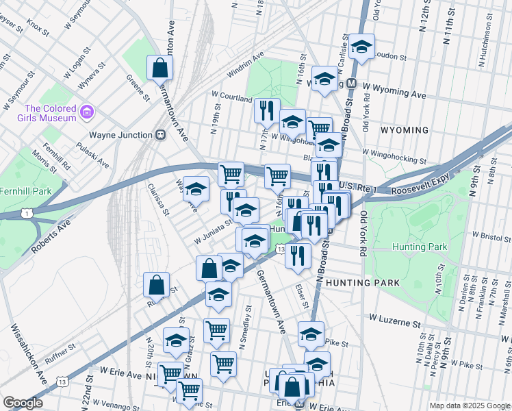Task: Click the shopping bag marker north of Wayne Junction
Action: (x=159, y=68)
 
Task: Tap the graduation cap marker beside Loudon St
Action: (x=361, y=47)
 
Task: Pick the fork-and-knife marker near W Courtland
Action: (x=267, y=110)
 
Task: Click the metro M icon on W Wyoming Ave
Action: (x=351, y=83)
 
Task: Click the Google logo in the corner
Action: (x=23, y=403)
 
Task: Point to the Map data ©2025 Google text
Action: (x=469, y=406)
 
